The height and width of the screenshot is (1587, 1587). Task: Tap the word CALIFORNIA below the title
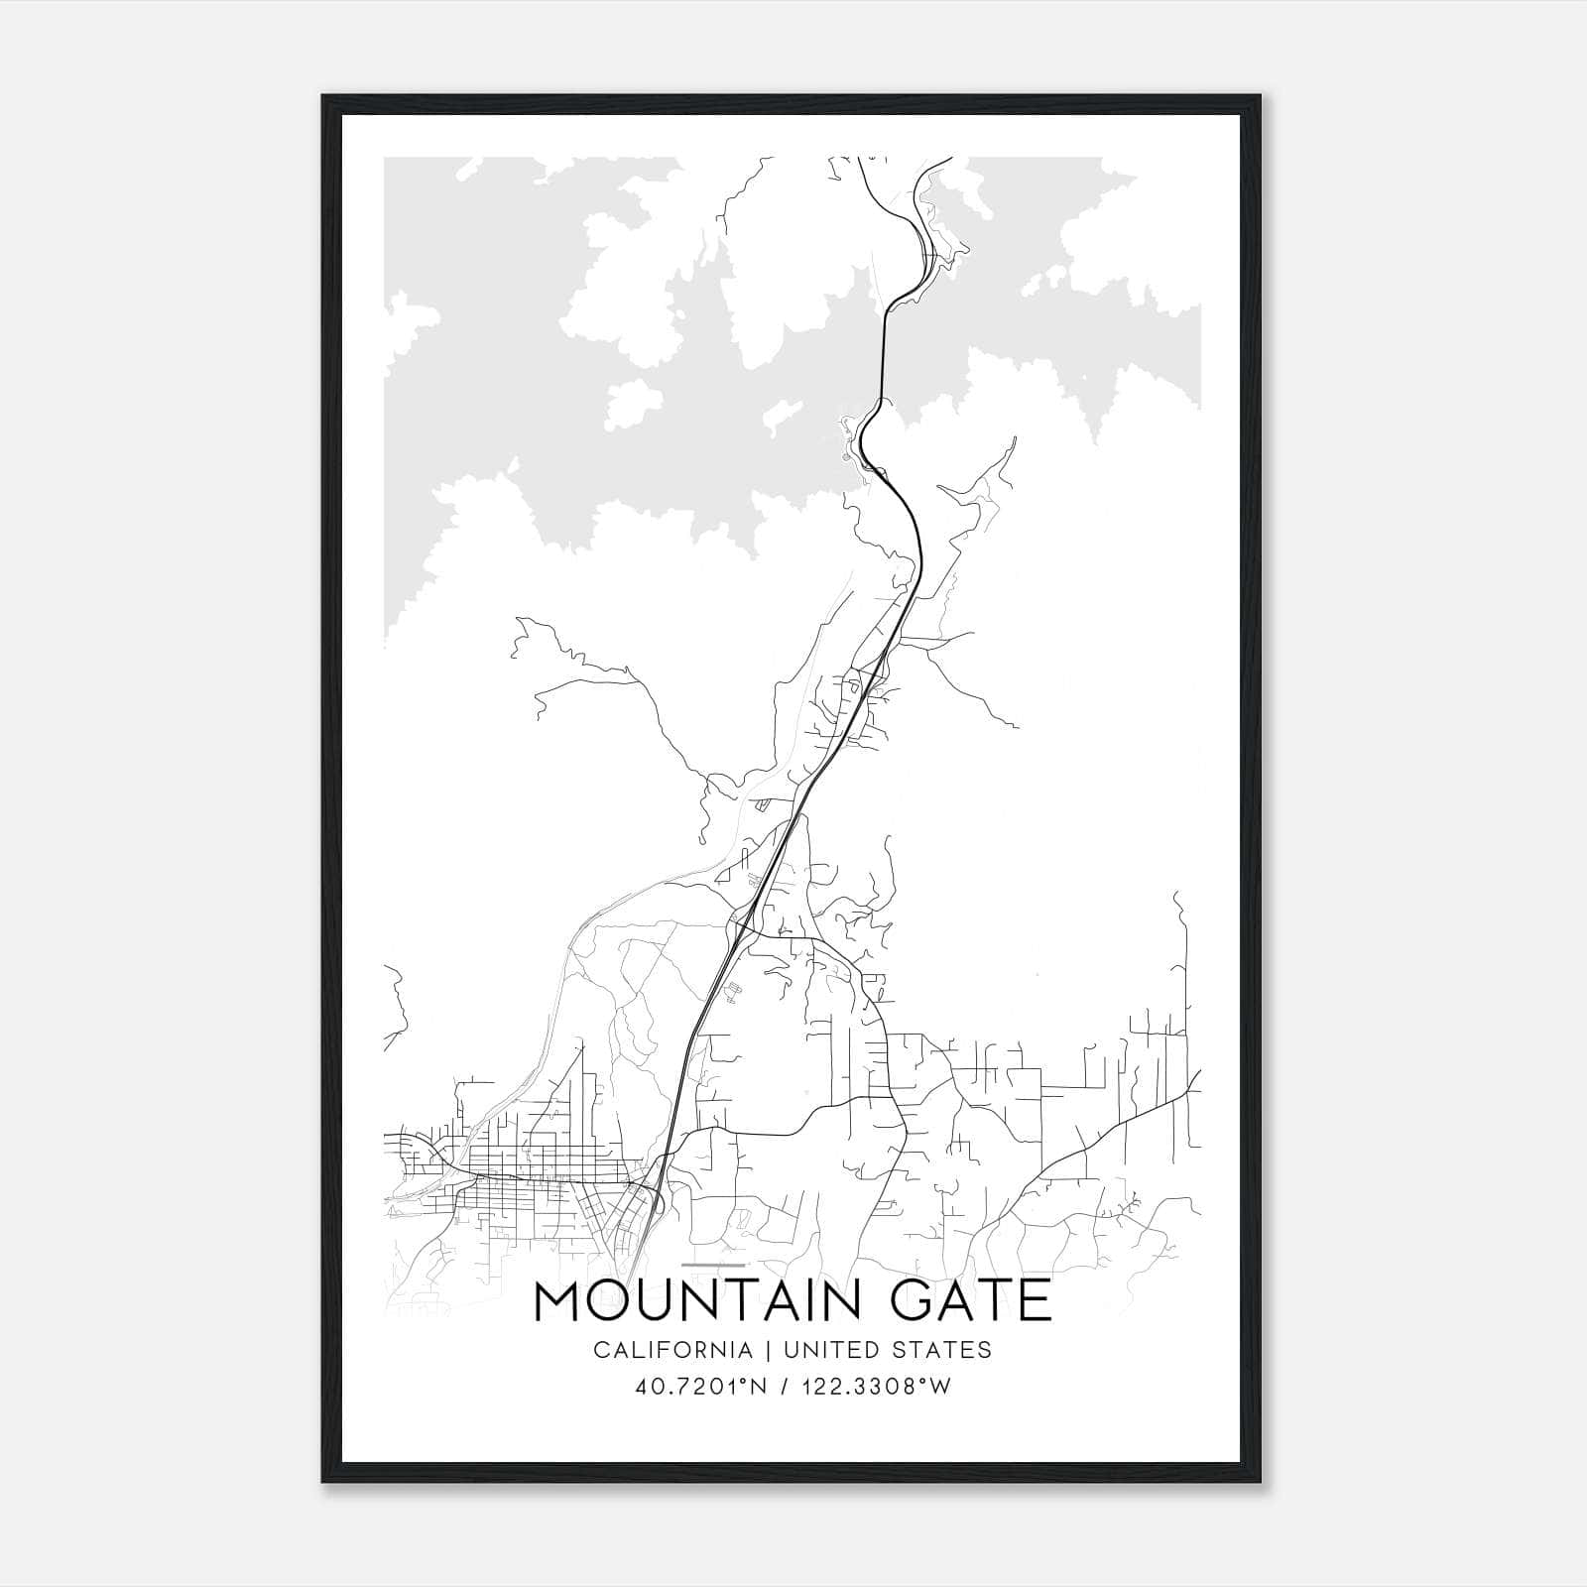tap(671, 1350)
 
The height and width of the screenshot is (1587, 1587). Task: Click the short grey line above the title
tap(713, 1266)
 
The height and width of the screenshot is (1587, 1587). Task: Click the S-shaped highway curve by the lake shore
tap(865, 436)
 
